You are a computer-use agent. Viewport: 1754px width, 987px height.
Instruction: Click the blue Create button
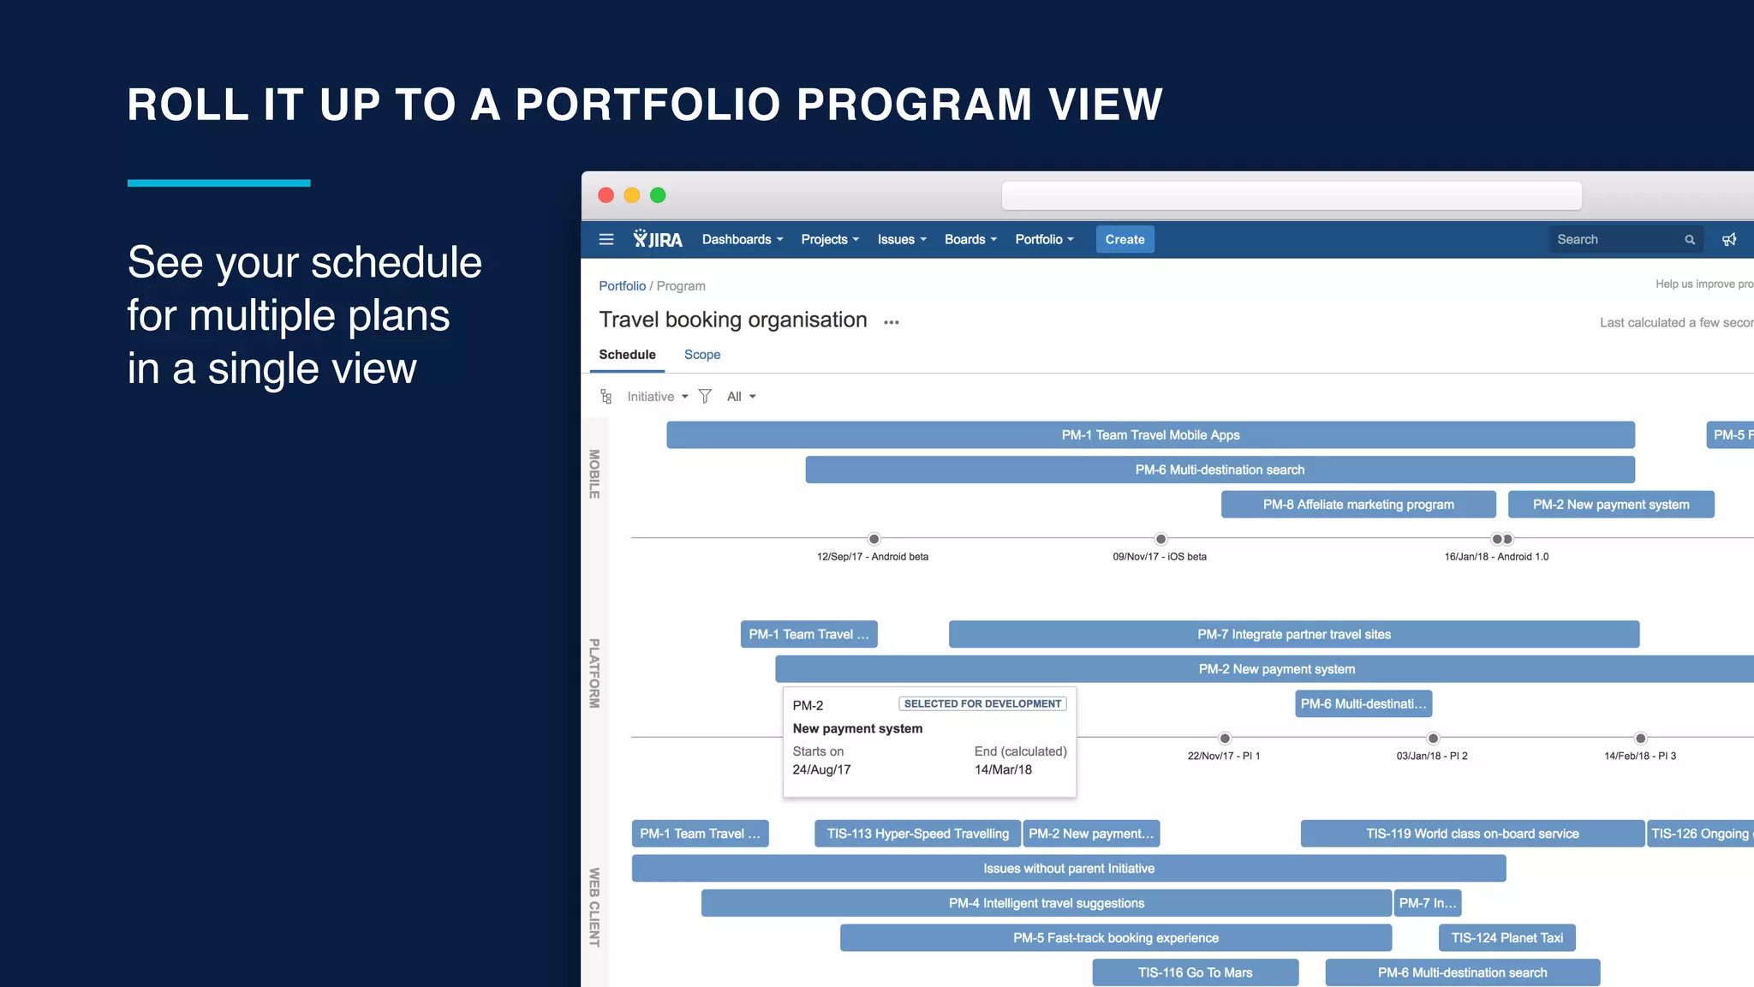tap(1125, 240)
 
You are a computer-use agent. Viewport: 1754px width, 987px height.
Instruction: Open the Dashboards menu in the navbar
tap(742, 240)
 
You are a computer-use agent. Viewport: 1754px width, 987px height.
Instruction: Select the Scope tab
tap(701, 355)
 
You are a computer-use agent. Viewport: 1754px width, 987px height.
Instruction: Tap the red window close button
tap(606, 195)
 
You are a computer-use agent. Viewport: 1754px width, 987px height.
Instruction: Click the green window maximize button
tap(658, 195)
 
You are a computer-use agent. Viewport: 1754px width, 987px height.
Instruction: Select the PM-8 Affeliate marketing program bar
tap(1358, 505)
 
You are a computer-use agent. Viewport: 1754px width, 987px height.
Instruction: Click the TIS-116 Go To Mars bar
tap(1195, 972)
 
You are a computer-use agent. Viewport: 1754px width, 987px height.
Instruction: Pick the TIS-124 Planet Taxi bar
tap(1506, 938)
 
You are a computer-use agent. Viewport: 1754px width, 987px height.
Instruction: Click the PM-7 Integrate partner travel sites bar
tap(1293, 635)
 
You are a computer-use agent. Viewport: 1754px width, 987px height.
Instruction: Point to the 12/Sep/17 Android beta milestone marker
tap(874, 539)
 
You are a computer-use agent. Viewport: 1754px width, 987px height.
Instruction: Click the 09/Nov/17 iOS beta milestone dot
tap(1160, 539)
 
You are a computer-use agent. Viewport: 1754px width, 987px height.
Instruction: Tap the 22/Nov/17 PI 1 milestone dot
tap(1225, 739)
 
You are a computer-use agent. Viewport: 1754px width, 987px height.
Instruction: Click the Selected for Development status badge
tap(982, 704)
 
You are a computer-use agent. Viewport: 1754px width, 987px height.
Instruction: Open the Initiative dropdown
tap(657, 397)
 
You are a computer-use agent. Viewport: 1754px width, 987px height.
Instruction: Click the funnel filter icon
tap(705, 396)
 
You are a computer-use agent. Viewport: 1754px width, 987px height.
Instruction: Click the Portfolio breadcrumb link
tap(622, 286)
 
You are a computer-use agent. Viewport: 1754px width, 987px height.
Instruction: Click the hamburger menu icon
tap(606, 240)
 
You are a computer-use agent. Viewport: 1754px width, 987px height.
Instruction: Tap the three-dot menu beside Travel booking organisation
tap(892, 323)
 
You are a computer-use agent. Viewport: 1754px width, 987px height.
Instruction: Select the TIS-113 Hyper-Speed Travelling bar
tap(917, 834)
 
